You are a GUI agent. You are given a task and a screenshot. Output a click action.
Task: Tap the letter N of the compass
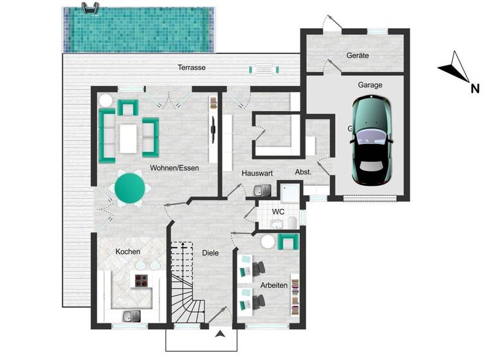[x=475, y=89]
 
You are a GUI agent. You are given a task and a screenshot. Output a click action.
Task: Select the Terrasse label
[x=192, y=67]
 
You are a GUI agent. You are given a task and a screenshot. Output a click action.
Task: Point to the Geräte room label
[x=358, y=55]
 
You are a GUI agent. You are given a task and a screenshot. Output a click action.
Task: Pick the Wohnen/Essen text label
[x=174, y=168]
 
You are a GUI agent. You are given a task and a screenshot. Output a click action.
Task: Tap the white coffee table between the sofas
[x=129, y=137]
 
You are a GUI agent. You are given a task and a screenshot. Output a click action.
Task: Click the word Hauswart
[x=257, y=174]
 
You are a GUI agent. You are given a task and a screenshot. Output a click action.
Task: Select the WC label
[x=278, y=211]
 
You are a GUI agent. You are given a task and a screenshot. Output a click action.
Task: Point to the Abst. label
[x=303, y=172]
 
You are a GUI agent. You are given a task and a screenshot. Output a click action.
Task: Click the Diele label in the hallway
[x=210, y=253]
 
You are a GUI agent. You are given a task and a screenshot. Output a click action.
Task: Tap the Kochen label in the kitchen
[x=127, y=251]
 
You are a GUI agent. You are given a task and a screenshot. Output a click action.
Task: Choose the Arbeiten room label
[x=273, y=285]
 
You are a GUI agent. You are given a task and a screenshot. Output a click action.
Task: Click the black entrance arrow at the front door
[x=221, y=333]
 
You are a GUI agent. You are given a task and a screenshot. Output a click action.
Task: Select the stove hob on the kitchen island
[x=142, y=280]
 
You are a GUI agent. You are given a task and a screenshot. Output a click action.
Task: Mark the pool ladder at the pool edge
[x=90, y=10]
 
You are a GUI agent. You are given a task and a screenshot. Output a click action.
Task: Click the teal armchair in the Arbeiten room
[x=288, y=242]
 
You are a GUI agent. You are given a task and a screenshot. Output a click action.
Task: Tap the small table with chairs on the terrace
[x=266, y=68]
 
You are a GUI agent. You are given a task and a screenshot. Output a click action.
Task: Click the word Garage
[x=370, y=84]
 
